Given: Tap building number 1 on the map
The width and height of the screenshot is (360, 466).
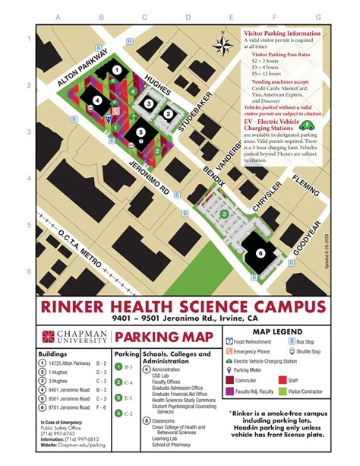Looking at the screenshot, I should click(x=116, y=69).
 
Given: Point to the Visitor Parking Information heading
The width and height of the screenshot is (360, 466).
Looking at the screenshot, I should click(x=281, y=33).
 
